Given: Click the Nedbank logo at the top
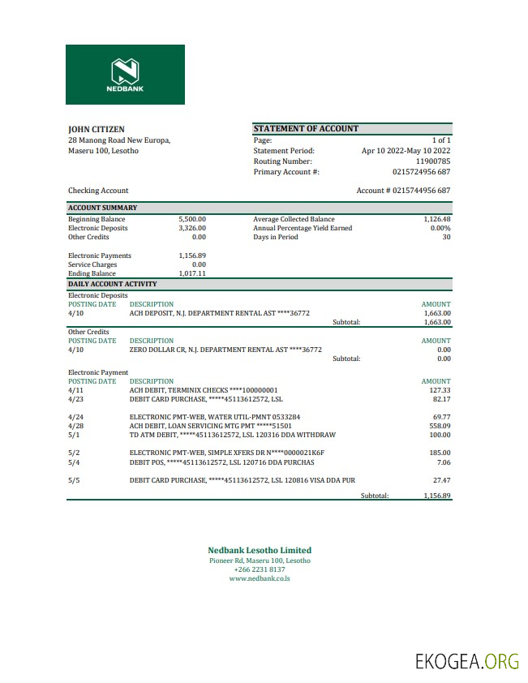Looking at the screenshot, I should pyautogui.click(x=125, y=74).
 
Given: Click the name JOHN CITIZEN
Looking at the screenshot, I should pyautogui.click(x=97, y=129).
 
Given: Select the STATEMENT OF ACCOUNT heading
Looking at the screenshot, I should pyautogui.click(x=306, y=129).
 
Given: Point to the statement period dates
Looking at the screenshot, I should pyautogui.click(x=406, y=151).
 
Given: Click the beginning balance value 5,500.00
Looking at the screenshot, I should pyautogui.click(x=192, y=219).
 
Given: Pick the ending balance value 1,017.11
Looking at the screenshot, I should pyautogui.click(x=192, y=273).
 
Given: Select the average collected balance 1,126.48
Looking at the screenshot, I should pyautogui.click(x=436, y=219).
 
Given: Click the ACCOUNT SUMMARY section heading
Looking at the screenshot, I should pyautogui.click(x=102, y=208).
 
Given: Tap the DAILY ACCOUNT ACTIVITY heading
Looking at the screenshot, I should pyautogui.click(x=112, y=284).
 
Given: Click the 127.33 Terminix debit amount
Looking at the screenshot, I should pyautogui.click(x=440, y=389).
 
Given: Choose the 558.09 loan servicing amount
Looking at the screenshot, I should pyautogui.click(x=440, y=425).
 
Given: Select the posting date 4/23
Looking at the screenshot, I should pyautogui.click(x=75, y=398).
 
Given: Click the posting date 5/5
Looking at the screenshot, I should pyautogui.click(x=74, y=480).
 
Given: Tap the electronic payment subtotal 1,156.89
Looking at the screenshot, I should pyautogui.click(x=436, y=495).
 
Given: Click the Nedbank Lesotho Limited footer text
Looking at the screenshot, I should pyautogui.click(x=260, y=550).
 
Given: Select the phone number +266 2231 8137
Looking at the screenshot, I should pyautogui.click(x=260, y=569).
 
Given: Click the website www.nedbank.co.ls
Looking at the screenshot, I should pyautogui.click(x=260, y=578).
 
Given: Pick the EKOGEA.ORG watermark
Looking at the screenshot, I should pyautogui.click(x=466, y=661).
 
